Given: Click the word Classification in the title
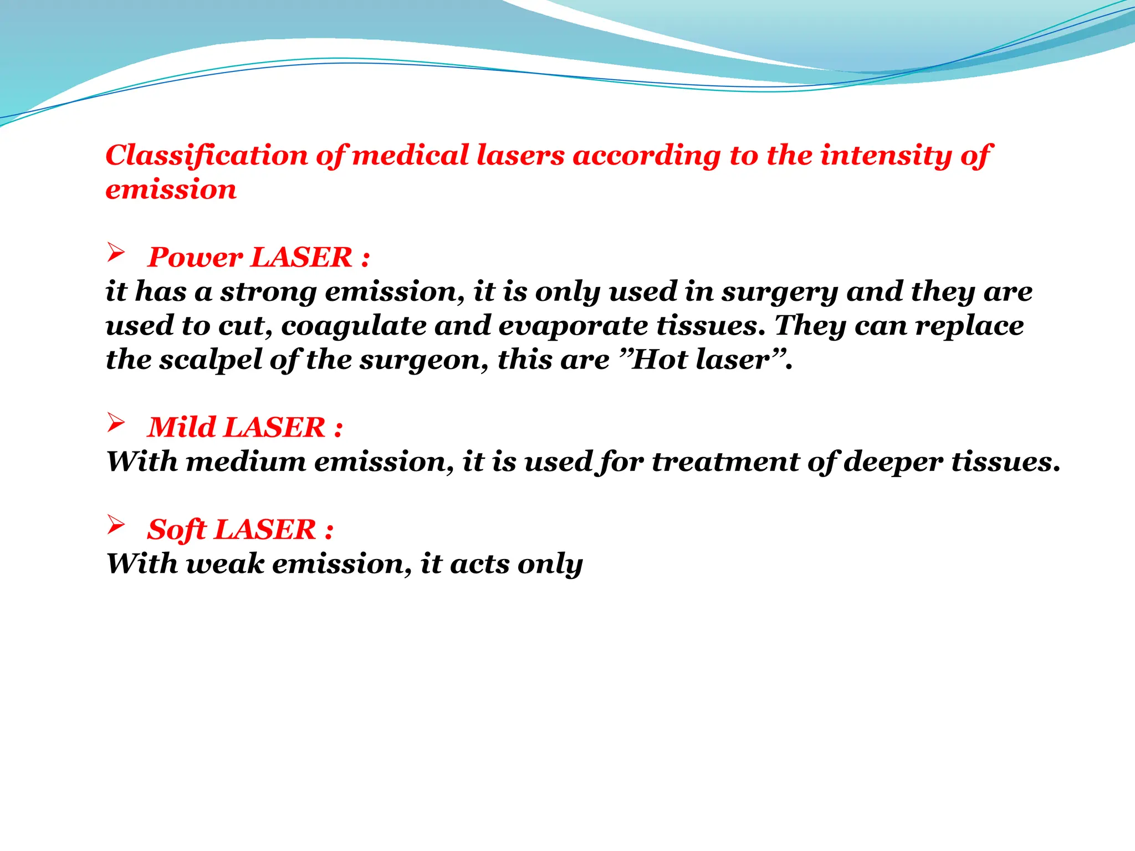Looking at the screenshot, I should click(207, 155).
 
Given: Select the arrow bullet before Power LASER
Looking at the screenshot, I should click(116, 253).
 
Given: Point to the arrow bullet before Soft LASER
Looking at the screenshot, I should click(116, 525).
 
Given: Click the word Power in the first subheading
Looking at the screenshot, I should click(195, 258).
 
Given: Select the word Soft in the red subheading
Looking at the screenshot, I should click(176, 530).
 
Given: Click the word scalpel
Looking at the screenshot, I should click(211, 360).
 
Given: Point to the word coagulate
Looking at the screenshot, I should click(354, 326).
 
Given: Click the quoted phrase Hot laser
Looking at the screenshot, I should click(702, 360).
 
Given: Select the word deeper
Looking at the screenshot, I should click(893, 462).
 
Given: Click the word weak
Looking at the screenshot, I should click(224, 564).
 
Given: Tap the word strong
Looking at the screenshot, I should click(268, 292).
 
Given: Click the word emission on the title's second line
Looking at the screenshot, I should click(171, 189).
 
